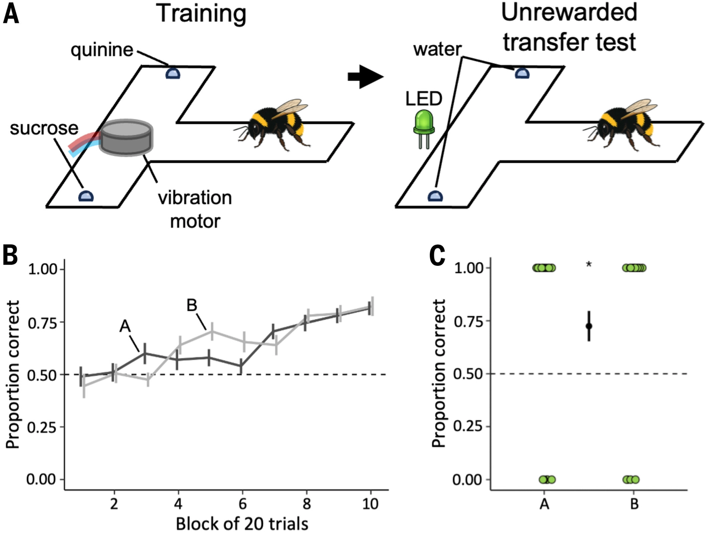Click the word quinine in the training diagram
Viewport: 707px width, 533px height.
(102, 50)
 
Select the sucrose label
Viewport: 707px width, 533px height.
(44, 128)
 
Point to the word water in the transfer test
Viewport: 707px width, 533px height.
(437, 49)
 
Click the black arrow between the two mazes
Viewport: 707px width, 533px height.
(366, 76)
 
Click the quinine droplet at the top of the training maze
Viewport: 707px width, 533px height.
(173, 73)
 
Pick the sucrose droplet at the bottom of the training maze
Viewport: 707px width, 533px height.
(86, 196)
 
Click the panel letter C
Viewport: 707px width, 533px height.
(437, 256)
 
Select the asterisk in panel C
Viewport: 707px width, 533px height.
(589, 264)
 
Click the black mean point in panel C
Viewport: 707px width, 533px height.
(589, 326)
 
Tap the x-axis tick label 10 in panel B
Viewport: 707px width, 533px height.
(370, 503)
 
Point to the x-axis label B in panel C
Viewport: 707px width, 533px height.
(634, 504)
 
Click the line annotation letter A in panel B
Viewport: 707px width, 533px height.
(125, 326)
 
